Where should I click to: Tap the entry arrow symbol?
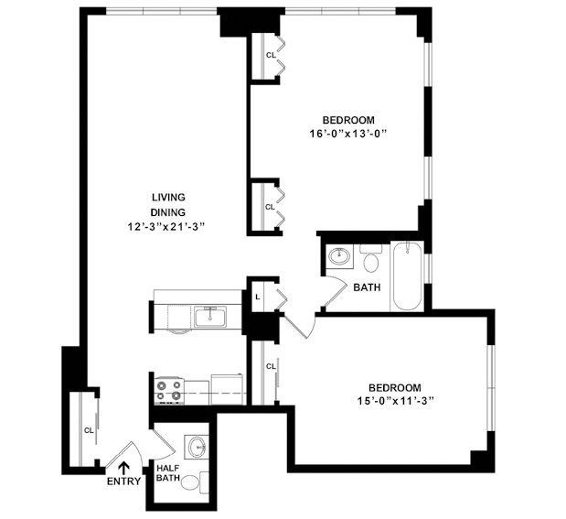123,467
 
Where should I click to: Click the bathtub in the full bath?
406,276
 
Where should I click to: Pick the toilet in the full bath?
370,260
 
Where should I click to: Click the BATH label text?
367,287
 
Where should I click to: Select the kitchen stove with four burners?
168,391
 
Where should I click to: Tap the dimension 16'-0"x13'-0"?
361,135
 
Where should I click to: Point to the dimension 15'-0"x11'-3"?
395,400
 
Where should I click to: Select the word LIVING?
168,197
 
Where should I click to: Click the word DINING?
168,211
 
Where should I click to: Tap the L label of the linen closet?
259,297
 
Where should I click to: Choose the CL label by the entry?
88,429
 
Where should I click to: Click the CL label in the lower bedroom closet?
270,367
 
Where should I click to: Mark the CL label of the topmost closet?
270,55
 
